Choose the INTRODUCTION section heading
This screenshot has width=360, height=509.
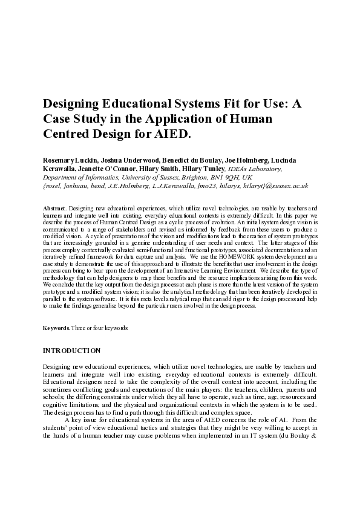point(71,351)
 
